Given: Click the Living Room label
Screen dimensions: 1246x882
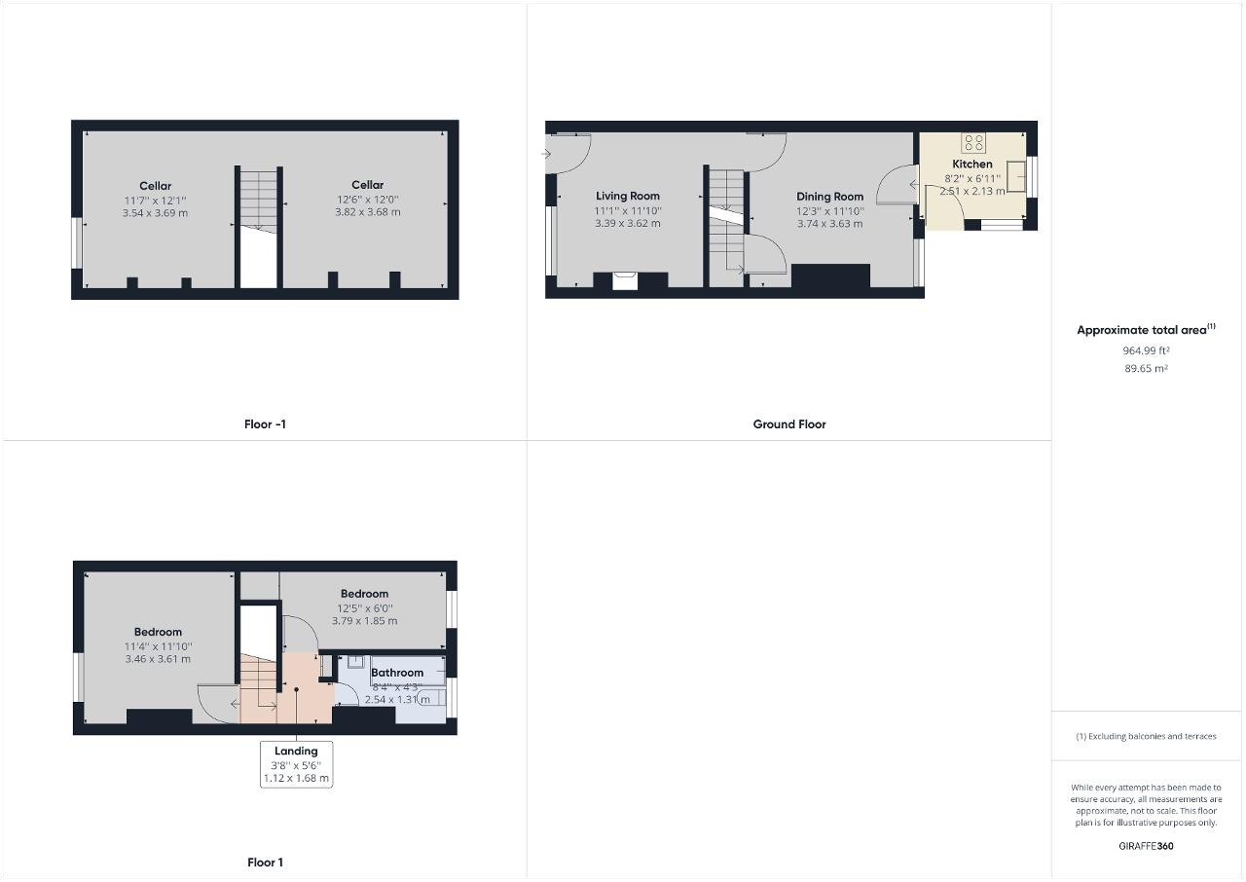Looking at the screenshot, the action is click(628, 196).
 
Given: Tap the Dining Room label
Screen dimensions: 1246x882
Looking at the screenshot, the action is click(830, 197).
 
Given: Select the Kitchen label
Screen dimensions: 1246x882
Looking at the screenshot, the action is click(972, 165).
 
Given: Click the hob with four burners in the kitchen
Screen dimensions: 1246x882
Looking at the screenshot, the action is click(973, 142).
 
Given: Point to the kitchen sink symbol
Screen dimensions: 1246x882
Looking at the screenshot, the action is click(1016, 176).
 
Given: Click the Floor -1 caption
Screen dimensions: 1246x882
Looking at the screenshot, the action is click(265, 424).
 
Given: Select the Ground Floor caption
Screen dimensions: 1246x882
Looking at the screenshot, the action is click(789, 424).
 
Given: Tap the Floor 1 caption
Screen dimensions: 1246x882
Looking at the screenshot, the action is click(265, 863).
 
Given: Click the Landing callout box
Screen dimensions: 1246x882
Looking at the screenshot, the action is click(297, 764).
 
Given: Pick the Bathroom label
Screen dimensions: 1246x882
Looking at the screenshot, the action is click(397, 673).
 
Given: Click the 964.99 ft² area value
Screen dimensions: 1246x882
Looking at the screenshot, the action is click(1146, 350).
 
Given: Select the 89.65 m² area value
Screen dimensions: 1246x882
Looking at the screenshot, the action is click(1146, 368).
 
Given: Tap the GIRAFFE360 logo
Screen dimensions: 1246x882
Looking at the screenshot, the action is click(1146, 846).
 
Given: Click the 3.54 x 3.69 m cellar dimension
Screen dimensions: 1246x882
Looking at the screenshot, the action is click(155, 213).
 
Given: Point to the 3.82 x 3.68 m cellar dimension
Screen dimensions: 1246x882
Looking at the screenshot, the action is click(368, 212).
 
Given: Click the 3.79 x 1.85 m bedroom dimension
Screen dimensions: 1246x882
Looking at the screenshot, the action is click(365, 621).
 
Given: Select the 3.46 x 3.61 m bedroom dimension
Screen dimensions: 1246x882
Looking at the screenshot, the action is click(158, 659).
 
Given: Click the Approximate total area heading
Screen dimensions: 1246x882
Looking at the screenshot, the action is click(1146, 329).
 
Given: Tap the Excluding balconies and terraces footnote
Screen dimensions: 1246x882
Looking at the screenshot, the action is click(1146, 736).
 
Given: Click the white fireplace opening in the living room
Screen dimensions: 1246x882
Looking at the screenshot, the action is click(625, 280).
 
